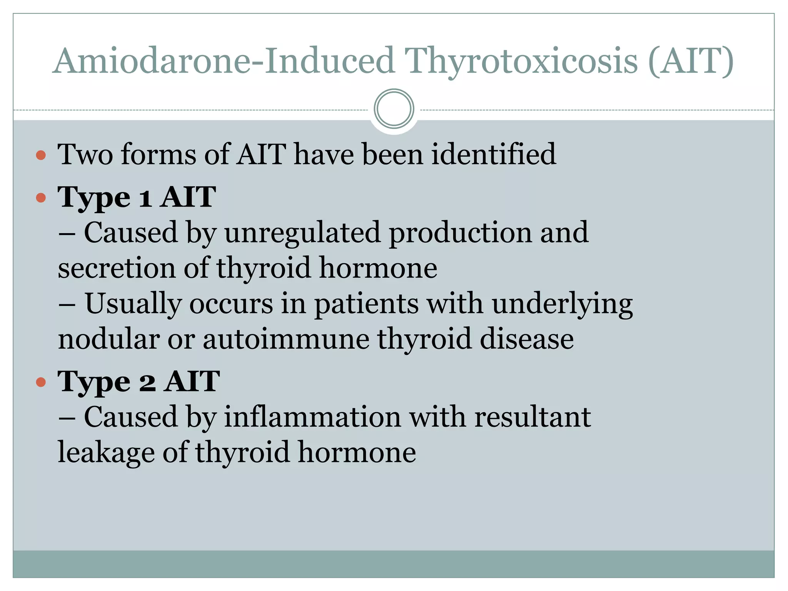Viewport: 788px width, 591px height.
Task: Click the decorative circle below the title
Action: pyautogui.click(x=394, y=109)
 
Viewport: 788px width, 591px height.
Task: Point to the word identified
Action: pyautogui.click(x=493, y=154)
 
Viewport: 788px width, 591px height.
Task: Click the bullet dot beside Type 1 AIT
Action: pyautogui.click(x=41, y=198)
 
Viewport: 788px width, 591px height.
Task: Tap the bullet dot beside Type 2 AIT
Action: pyautogui.click(x=41, y=382)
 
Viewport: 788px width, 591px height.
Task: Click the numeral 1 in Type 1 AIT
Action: pyautogui.click(x=145, y=198)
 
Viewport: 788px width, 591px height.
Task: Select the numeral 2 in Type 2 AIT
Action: pyautogui.click(x=147, y=382)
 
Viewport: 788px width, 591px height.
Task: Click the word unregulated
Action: pyautogui.click(x=302, y=233)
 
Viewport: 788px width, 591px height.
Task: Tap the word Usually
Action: pyautogui.click(x=133, y=304)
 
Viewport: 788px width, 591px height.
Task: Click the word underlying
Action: pyautogui.click(x=562, y=304)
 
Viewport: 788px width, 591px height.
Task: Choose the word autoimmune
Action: pyautogui.click(x=286, y=339)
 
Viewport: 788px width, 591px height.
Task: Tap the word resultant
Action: pyautogui.click(x=533, y=417)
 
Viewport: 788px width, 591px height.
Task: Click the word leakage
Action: pyautogui.click(x=106, y=452)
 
